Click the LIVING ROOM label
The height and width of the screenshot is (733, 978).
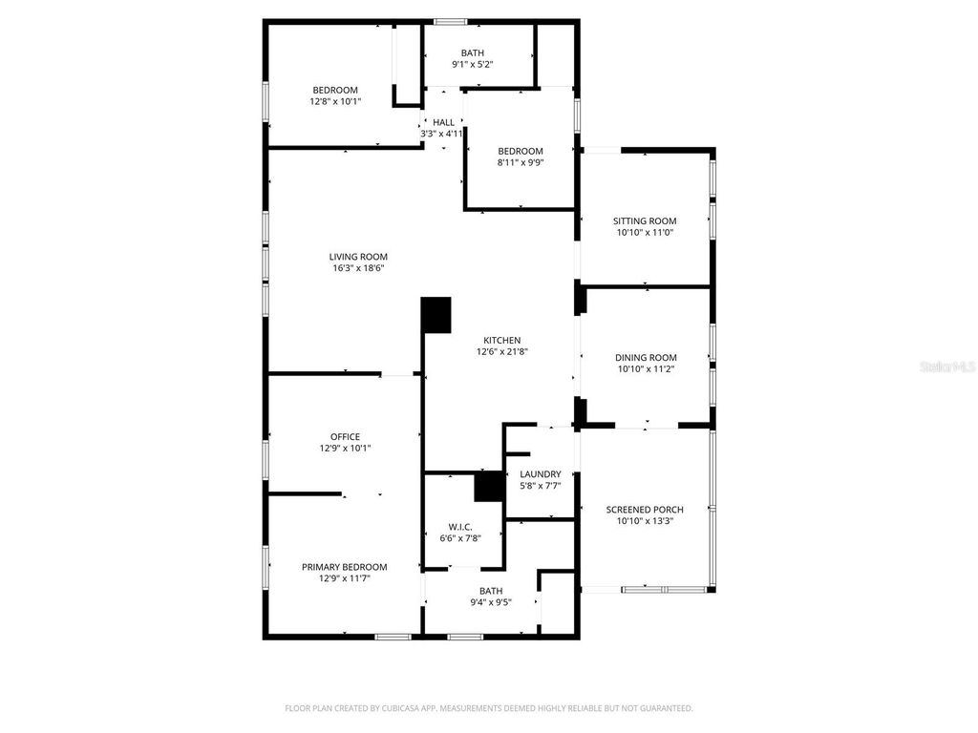(358, 257)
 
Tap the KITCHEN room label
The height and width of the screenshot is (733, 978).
(501, 340)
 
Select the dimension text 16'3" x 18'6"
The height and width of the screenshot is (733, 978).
(358, 268)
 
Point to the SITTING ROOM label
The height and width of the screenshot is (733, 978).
(645, 220)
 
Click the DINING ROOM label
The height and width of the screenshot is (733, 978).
(646, 357)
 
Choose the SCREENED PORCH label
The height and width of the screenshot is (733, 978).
(645, 510)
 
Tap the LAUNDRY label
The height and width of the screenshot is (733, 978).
(540, 474)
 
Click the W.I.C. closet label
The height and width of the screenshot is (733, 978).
(460, 527)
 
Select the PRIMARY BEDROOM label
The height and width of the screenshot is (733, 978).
(345, 567)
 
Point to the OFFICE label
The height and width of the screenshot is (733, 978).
(345, 437)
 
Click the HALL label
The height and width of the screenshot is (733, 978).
(443, 122)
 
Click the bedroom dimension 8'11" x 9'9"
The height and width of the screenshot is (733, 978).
(520, 162)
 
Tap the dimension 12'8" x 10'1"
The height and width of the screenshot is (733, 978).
(334, 101)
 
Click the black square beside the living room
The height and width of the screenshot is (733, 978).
(436, 315)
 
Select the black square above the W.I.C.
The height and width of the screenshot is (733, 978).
(489, 487)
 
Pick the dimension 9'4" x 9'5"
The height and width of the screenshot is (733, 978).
(491, 602)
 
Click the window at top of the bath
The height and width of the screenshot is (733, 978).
(451, 21)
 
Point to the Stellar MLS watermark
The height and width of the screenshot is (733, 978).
(946, 366)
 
